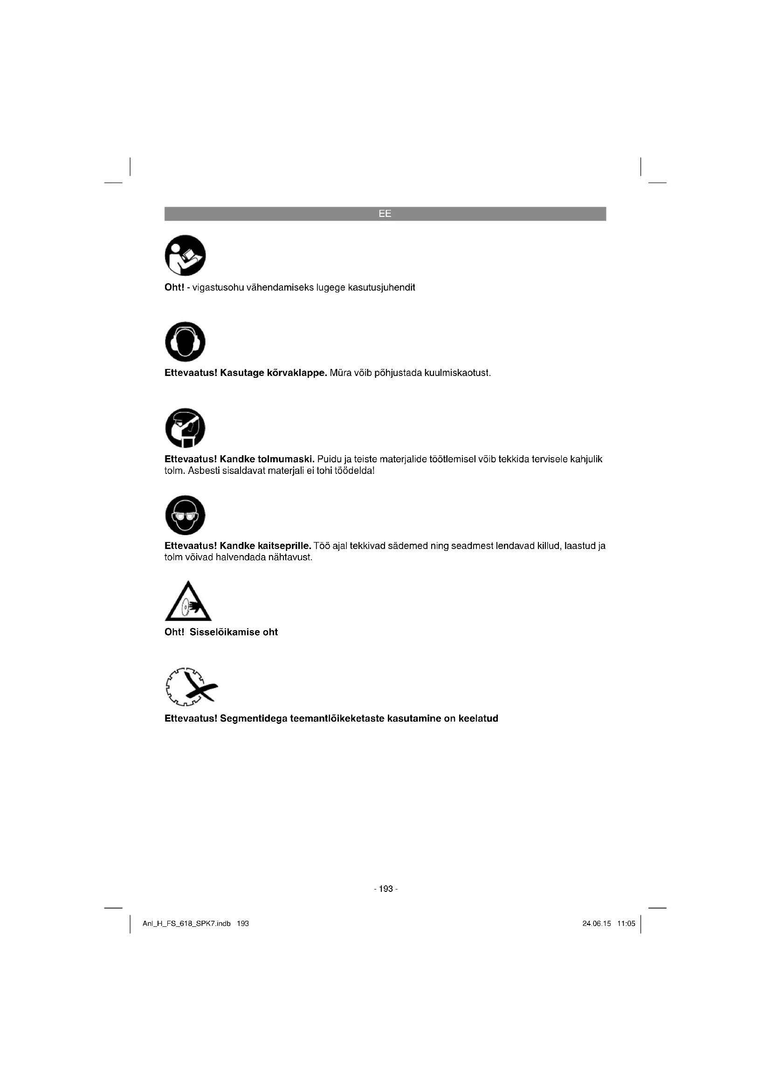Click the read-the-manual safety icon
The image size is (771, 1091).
[x=185, y=255]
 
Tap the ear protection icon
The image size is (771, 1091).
[x=185, y=341]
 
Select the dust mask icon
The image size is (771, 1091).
[x=185, y=428]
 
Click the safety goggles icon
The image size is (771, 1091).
[x=185, y=515]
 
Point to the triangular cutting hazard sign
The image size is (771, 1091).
[x=188, y=603]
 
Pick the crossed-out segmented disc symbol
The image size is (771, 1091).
[x=191, y=687]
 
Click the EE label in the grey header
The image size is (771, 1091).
[x=385, y=214]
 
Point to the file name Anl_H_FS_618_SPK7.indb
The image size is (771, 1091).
[x=186, y=923]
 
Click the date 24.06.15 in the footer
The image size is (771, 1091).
[x=596, y=923]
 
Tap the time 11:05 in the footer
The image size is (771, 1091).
[x=626, y=923]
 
